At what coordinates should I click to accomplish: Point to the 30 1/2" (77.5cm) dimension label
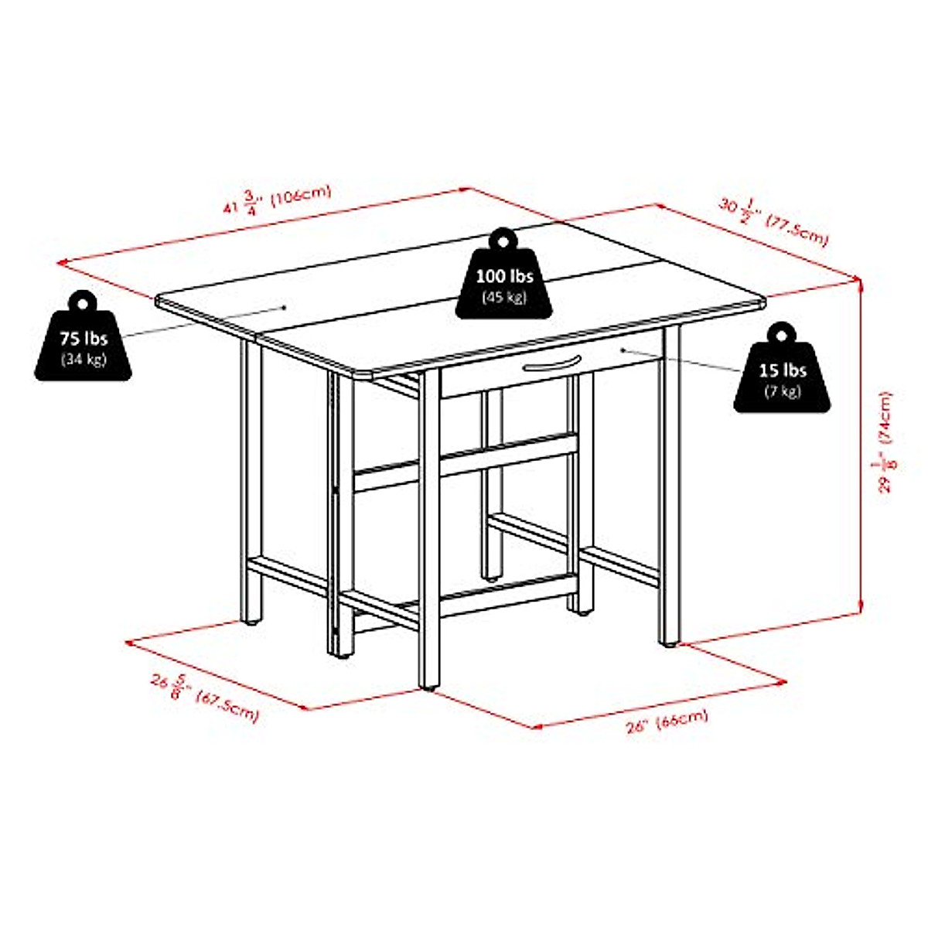point(773,220)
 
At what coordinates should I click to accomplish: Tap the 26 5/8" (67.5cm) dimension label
point(205,697)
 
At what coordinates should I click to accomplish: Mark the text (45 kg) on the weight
point(504,297)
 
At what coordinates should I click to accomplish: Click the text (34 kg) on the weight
point(84,359)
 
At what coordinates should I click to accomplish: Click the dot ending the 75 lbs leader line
point(285,306)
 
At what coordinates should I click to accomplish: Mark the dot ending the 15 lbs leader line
point(623,350)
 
